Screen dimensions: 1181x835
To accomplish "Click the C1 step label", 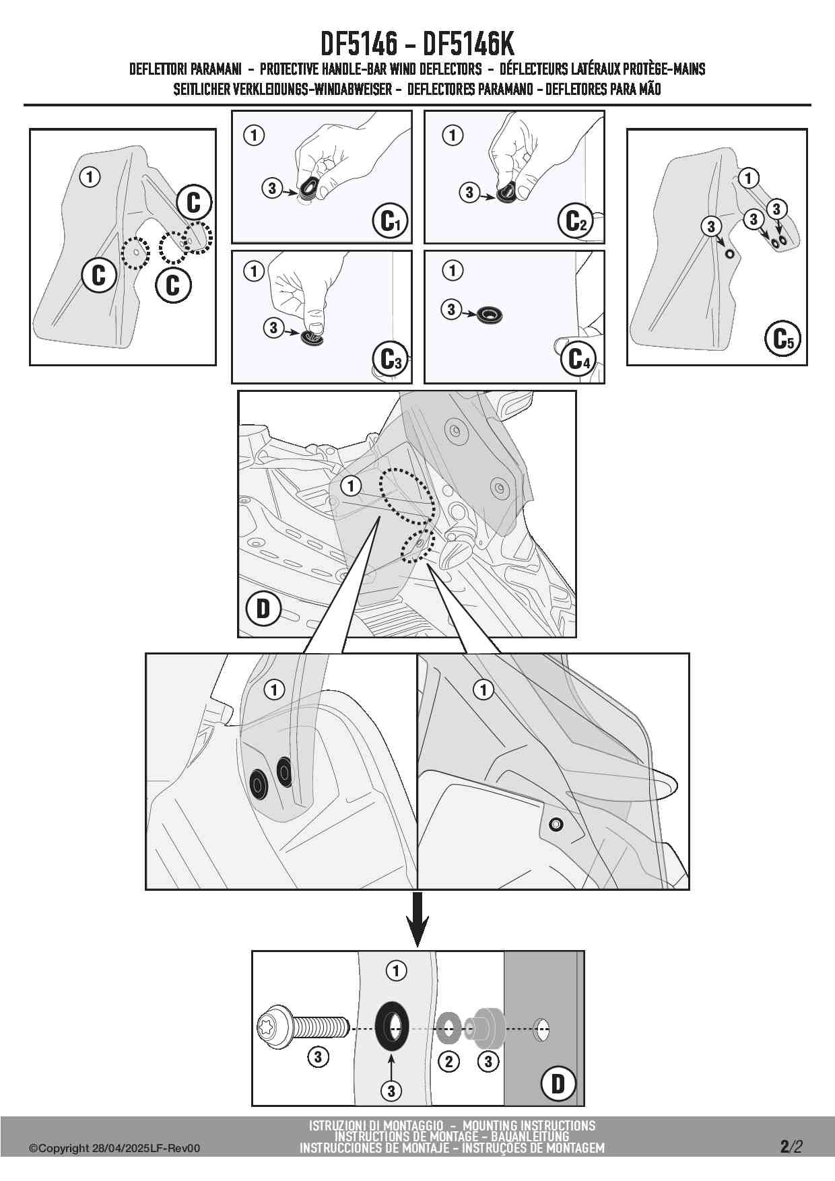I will click(390, 221).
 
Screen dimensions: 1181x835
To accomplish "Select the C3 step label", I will click(390, 360).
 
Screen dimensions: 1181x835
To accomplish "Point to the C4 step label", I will click(578, 359).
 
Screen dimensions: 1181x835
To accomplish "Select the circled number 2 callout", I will click(448, 1062).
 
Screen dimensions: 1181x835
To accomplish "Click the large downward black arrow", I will click(418, 918).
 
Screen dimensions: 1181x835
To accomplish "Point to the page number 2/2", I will click(791, 1146).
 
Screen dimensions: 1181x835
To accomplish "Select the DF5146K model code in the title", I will click(469, 44).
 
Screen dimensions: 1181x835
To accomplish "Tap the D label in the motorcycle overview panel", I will click(263, 609).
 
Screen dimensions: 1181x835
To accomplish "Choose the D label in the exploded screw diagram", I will click(558, 1083).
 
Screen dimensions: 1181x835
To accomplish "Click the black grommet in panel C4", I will click(490, 314).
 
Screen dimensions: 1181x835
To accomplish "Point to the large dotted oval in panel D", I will click(407, 496).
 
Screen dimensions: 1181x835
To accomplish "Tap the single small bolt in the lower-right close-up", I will click(556, 823).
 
